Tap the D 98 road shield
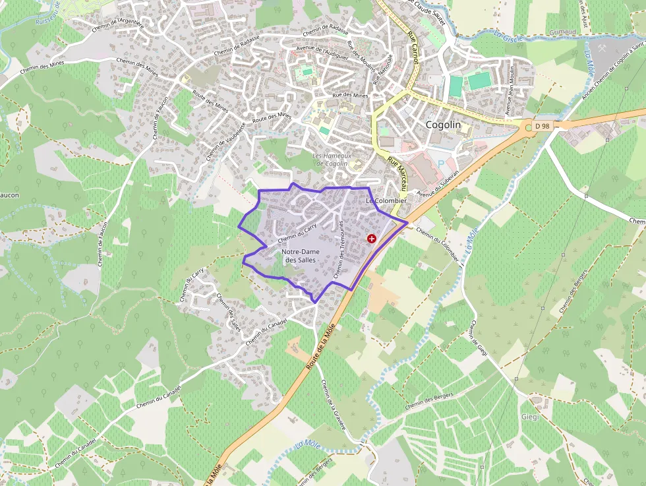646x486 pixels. pyautogui.click(x=542, y=125)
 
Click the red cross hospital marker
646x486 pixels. pyautogui.click(x=372, y=239)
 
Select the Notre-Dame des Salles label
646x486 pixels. pyautogui.click(x=299, y=256)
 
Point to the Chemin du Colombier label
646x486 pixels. pyautogui.click(x=437, y=244)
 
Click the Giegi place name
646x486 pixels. pyautogui.click(x=530, y=417)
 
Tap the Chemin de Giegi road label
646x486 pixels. pyautogui.click(x=479, y=340)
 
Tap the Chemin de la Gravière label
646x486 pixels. pyautogui.click(x=333, y=404)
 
